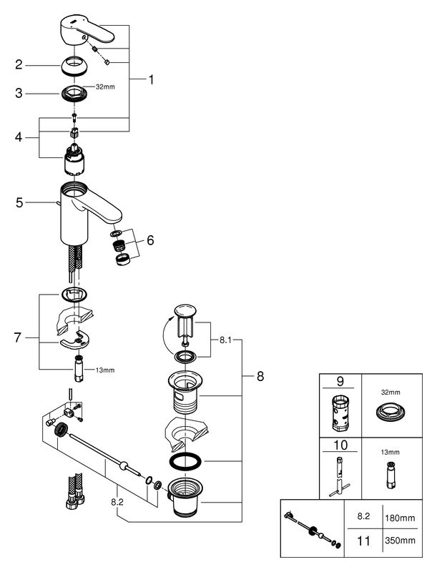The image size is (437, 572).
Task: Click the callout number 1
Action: click(151, 80)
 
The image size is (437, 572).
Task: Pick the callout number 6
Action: click(150, 242)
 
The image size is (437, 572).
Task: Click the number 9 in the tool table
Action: click(340, 382)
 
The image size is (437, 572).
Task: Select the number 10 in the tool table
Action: click(340, 445)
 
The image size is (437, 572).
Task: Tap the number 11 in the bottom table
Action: click(363, 541)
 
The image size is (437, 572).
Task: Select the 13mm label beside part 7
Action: click(104, 370)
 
